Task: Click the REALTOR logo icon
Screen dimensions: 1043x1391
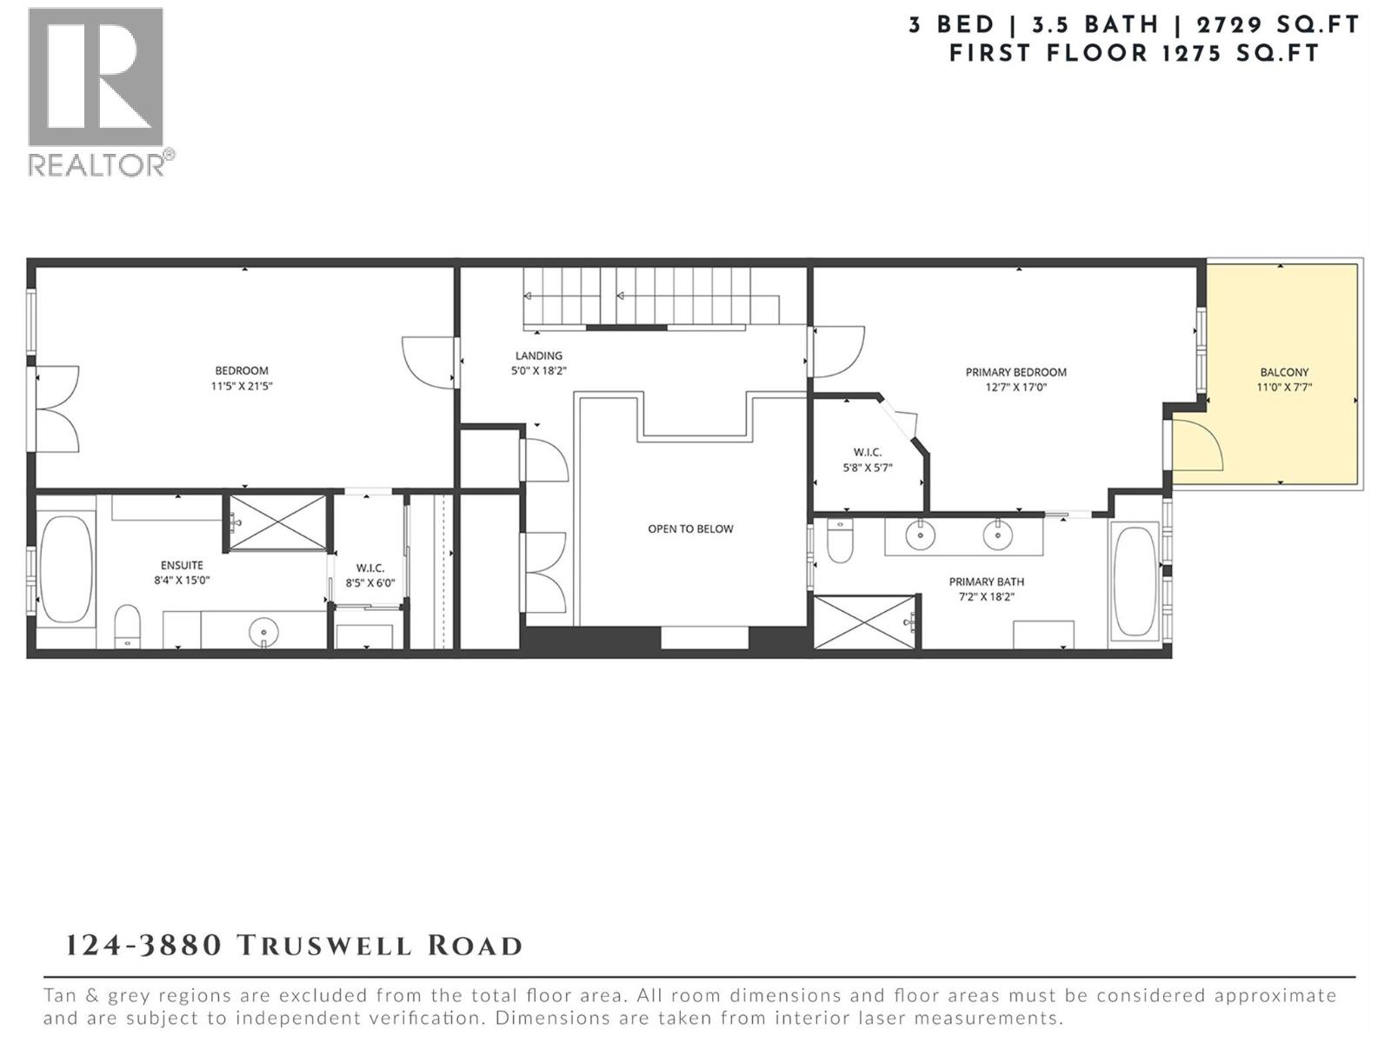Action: pyautogui.click(x=96, y=77)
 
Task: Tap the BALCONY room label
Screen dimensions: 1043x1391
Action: pyautogui.click(x=1283, y=372)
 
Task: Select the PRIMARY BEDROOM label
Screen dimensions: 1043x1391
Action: pyautogui.click(x=1015, y=372)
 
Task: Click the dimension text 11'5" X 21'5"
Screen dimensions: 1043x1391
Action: pyautogui.click(x=242, y=387)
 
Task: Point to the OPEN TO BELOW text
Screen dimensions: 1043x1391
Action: pyautogui.click(x=690, y=528)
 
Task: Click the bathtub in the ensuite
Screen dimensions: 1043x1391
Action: pyautogui.click(x=66, y=569)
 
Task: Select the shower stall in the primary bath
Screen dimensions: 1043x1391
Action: pyautogui.click(x=865, y=621)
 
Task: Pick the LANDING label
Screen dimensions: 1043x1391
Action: pyautogui.click(x=538, y=355)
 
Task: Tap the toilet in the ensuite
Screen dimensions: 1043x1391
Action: pyautogui.click(x=127, y=626)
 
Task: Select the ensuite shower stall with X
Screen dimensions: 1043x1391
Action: pyautogui.click(x=277, y=522)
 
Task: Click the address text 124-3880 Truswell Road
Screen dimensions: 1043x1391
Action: pyautogui.click(x=294, y=946)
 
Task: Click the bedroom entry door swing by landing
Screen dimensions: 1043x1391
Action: pyautogui.click(x=428, y=362)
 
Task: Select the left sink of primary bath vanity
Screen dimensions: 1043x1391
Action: pyautogui.click(x=920, y=535)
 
